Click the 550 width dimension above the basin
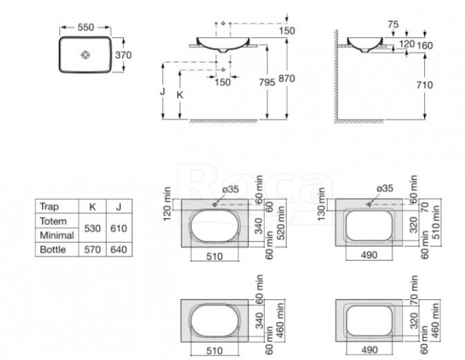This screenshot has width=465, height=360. [x=86, y=26]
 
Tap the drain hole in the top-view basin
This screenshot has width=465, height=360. [x=87, y=54]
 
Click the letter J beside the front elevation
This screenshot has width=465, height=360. [x=164, y=92]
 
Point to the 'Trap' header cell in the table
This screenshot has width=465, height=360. [x=49, y=207]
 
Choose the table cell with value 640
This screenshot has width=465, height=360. [x=119, y=250]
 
